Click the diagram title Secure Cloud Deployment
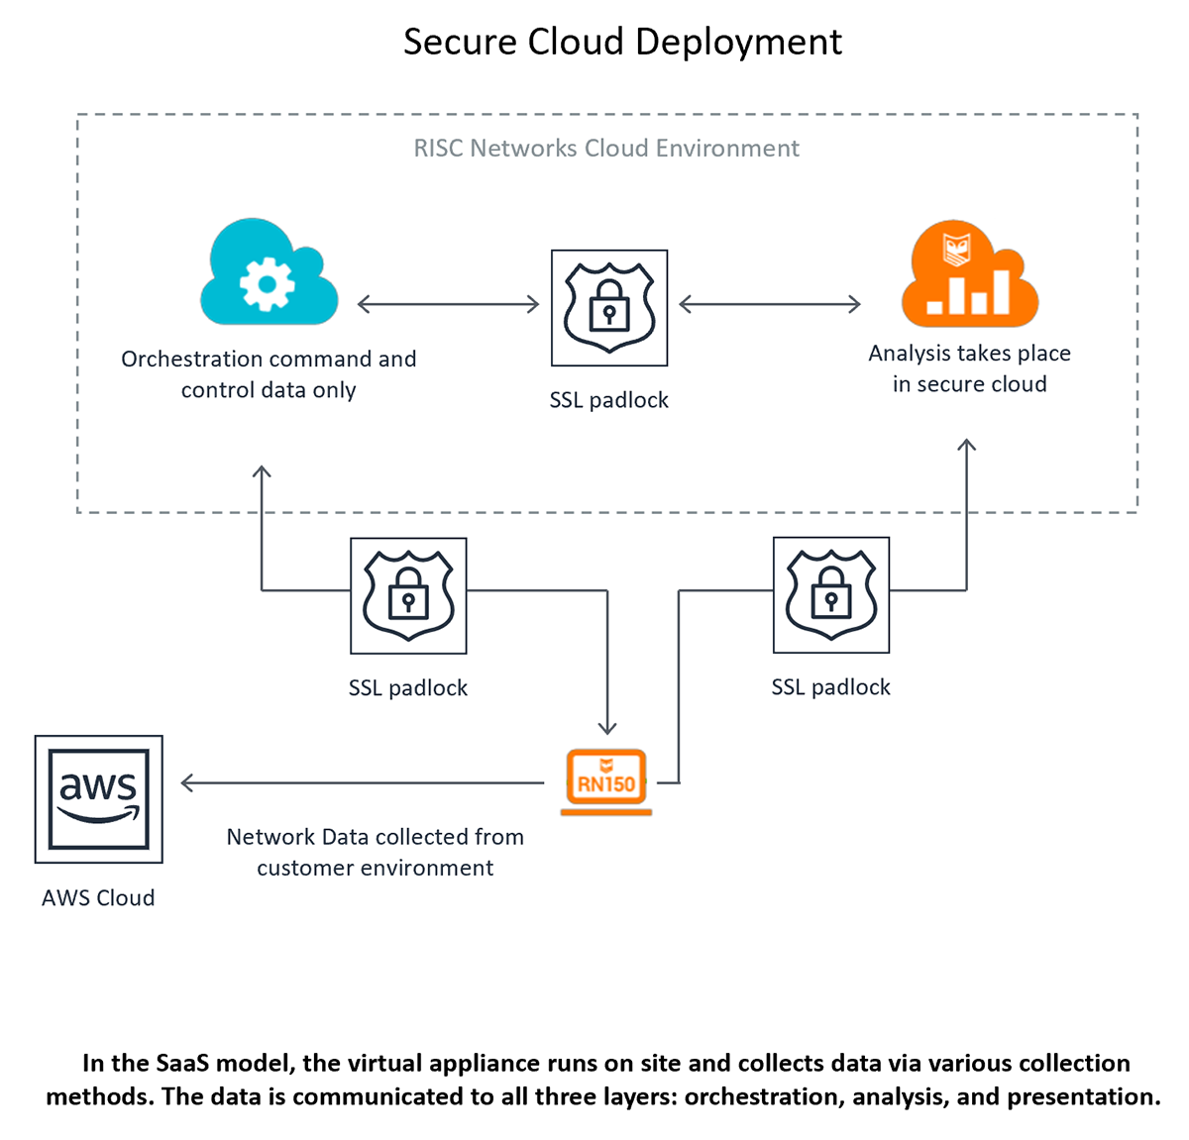[x=622, y=42]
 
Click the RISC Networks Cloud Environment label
[x=606, y=149]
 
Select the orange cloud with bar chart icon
[x=969, y=275]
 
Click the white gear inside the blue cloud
[x=267, y=285]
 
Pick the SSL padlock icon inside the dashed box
[x=609, y=308]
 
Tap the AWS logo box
[x=99, y=799]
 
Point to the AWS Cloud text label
[x=98, y=898]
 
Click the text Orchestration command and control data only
[x=269, y=374]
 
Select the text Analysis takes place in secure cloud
[x=969, y=368]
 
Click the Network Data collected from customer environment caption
[x=375, y=852]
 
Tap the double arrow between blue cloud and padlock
[x=448, y=304]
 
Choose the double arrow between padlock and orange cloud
[x=769, y=304]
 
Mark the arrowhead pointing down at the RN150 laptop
[x=607, y=728]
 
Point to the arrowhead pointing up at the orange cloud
[x=966, y=446]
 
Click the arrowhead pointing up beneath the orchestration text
[x=262, y=472]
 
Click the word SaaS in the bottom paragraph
[x=183, y=1064]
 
